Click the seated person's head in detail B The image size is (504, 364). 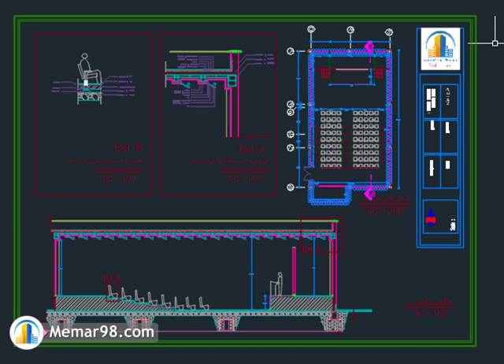[x=85, y=58]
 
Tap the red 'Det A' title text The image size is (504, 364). [x=248, y=147]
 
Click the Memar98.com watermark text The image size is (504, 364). [x=101, y=332]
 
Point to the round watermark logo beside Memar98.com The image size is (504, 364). [x=27, y=332]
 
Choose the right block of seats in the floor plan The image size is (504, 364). [x=368, y=139]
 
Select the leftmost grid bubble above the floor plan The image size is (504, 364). [x=312, y=32]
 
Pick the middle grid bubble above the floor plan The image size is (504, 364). [x=350, y=32]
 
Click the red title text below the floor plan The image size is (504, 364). [x=384, y=210]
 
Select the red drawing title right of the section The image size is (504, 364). [x=430, y=307]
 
